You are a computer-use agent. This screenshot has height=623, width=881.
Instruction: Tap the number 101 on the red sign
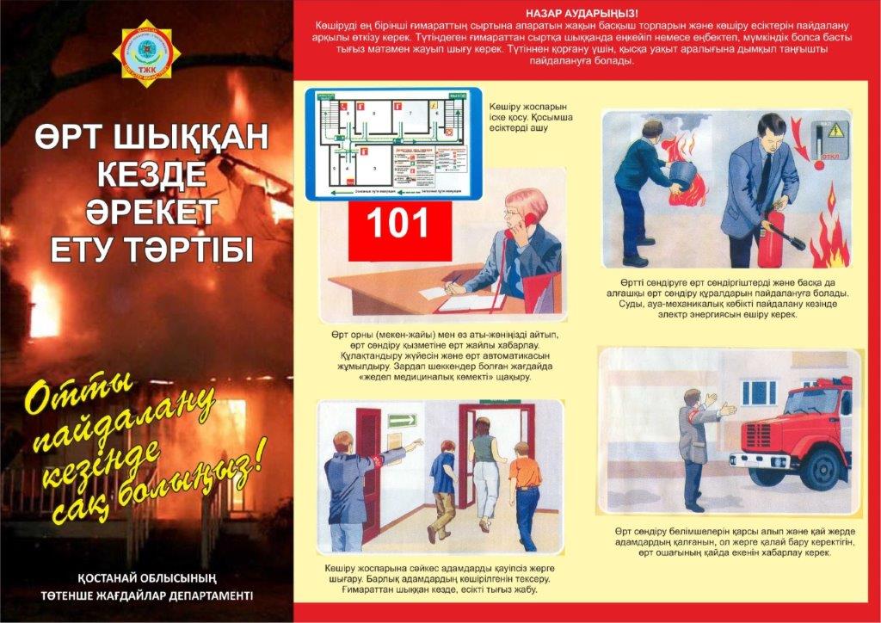coord(398,224)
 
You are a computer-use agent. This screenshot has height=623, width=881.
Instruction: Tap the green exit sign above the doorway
coord(402,421)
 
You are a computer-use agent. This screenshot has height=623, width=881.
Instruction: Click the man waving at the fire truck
coord(693,447)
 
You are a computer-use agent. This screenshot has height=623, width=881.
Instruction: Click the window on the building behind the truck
coord(758,392)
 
